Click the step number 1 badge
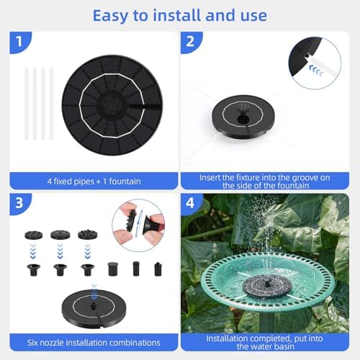coord(19,41)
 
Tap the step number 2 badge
coord(190,41)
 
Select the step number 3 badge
coord(19,203)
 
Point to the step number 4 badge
coord(190,203)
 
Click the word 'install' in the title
coord(178,15)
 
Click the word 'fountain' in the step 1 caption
coord(125,181)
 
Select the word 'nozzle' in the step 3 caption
coord(51,343)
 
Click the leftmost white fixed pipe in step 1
coord(27,104)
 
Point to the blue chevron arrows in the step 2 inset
coord(316,70)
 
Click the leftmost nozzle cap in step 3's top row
coord(34,235)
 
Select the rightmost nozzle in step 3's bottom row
coord(158,269)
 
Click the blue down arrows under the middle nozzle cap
coord(60,251)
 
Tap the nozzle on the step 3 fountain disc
coord(93,306)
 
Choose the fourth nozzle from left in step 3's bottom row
coord(113,269)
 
